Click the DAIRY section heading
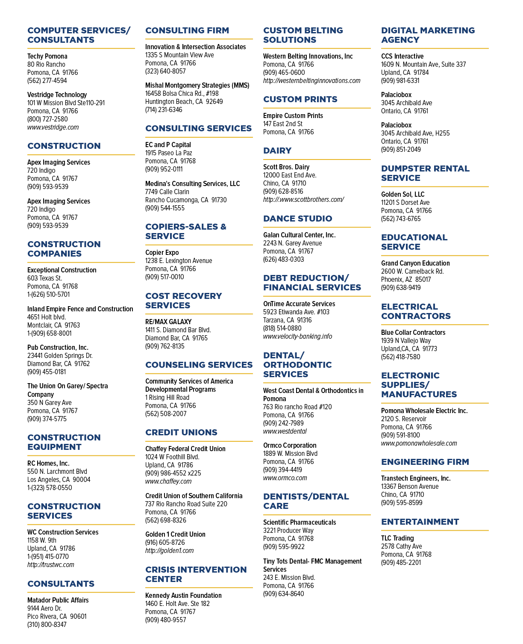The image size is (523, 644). [277, 151]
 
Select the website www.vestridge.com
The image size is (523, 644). [53, 127]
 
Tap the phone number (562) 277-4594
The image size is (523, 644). [47, 81]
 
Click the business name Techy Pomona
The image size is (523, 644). [47, 56]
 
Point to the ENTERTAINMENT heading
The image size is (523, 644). [420, 522]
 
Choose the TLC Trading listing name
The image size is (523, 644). [397, 538]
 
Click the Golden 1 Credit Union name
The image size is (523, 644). [175, 534]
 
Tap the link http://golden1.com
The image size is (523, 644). [169, 551]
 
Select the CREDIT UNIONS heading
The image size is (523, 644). [181, 432]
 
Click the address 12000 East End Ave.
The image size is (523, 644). [290, 175]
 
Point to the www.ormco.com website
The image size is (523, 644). [285, 478]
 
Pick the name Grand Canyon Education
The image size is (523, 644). [415, 263]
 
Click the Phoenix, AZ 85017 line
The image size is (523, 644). [406, 279]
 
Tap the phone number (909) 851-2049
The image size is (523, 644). [401, 149]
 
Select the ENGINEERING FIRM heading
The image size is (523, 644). [425, 462]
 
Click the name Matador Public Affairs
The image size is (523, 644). [58, 600]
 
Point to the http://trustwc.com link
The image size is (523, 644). [50, 564]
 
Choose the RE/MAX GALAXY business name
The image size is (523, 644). [168, 322]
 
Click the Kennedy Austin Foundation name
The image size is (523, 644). [183, 595]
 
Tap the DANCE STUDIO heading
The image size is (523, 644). [297, 219]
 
